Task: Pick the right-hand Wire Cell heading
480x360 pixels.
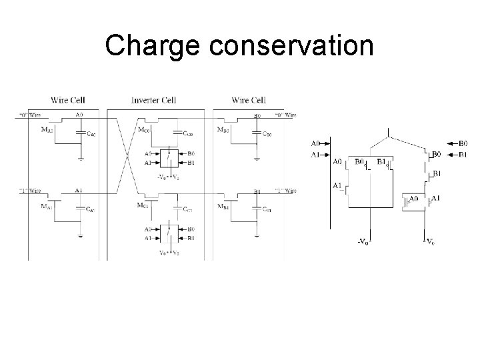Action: pos(249,100)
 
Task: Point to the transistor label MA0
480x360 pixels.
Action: pos(46,130)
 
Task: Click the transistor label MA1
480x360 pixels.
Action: pos(46,206)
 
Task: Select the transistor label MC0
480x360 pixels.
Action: pos(143,129)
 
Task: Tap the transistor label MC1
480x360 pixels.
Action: pos(143,206)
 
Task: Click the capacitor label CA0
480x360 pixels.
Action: pos(91,135)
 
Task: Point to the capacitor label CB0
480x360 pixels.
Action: pos(267,135)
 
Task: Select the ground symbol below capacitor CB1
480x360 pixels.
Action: pos(257,235)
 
